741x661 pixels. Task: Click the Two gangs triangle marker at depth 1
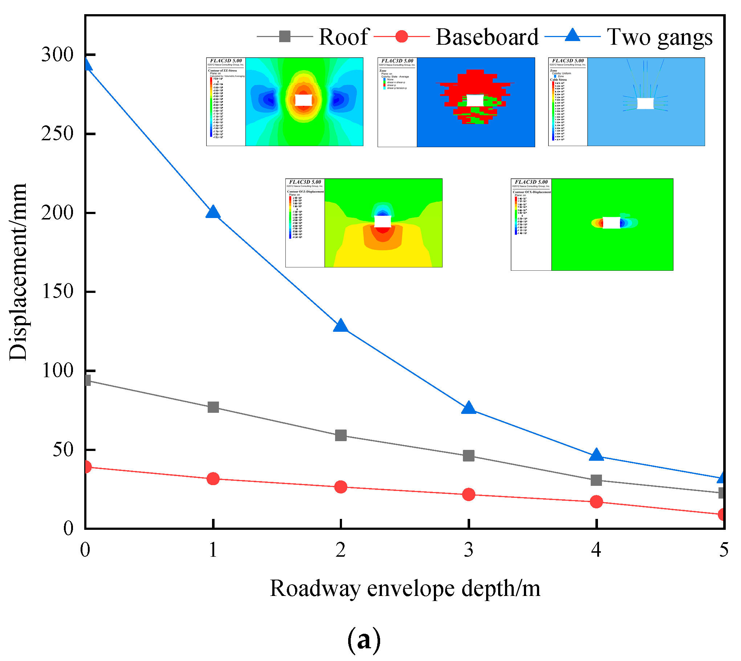[213, 212]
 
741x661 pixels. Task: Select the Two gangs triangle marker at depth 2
[341, 326]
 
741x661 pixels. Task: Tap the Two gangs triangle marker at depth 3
[469, 408]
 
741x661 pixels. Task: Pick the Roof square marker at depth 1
[213, 407]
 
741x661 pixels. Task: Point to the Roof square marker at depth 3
[469, 455]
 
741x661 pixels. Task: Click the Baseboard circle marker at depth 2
[341, 487]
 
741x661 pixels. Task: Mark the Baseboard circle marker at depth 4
[596, 502]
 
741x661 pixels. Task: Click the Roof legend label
[344, 37]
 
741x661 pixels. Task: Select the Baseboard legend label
[487, 37]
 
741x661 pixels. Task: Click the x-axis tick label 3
[469, 550]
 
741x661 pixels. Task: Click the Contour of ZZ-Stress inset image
[285, 102]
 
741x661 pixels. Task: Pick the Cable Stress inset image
[626, 102]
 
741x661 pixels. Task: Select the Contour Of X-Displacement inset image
[592, 224]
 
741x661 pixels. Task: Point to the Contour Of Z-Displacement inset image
[364, 223]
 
